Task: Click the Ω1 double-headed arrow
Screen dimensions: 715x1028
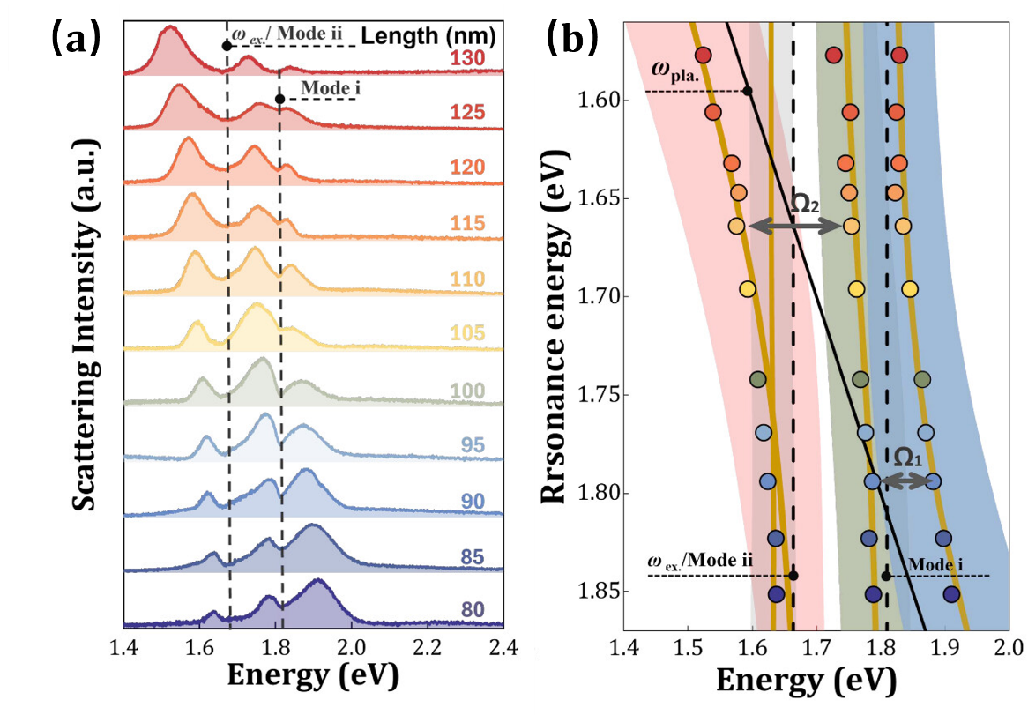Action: pos(906,480)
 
